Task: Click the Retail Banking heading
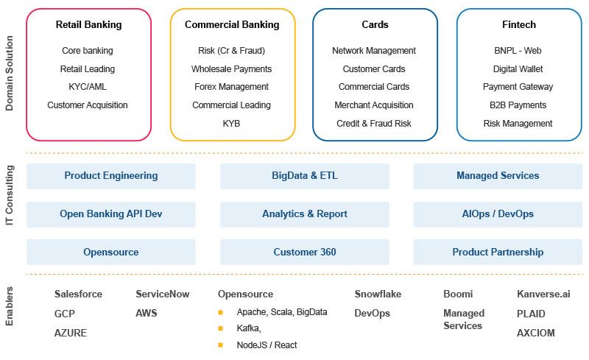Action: (88, 25)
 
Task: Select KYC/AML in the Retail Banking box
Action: (88, 87)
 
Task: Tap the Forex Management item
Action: (231, 87)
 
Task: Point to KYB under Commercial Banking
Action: (231, 124)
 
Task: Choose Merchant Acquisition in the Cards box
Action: (374, 105)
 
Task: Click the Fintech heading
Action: (518, 25)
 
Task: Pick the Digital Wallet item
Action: (518, 68)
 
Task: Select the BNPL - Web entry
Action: (518, 51)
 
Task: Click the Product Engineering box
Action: (111, 176)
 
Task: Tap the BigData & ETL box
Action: (305, 176)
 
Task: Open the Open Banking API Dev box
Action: (111, 214)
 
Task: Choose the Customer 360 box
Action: (305, 253)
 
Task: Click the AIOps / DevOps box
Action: (498, 214)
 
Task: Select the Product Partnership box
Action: (498, 253)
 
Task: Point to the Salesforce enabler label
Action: (78, 294)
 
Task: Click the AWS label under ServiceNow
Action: (147, 313)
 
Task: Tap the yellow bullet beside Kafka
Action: (220, 328)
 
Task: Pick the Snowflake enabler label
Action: (378, 294)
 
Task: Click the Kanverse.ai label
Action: (543, 294)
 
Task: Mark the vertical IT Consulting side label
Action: (10, 214)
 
